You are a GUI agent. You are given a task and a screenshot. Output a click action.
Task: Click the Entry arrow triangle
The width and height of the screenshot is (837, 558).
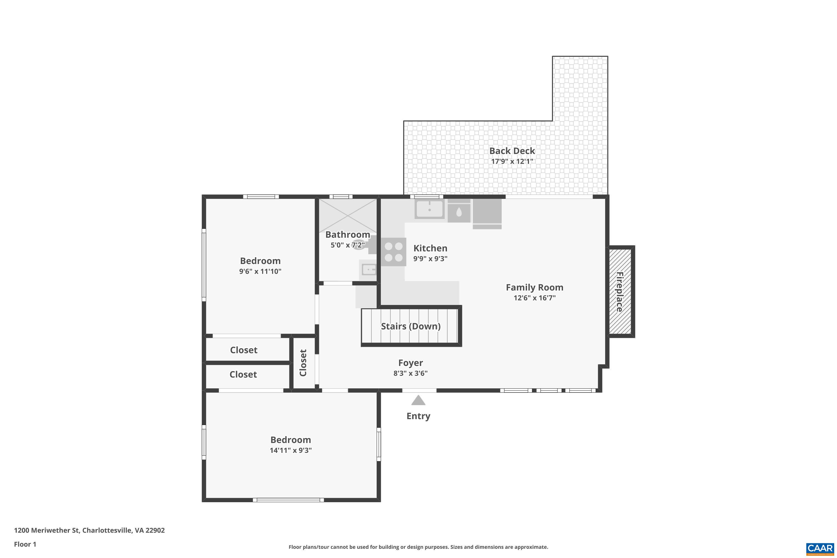point(418,400)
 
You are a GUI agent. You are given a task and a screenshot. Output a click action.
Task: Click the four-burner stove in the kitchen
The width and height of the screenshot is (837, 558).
point(394,252)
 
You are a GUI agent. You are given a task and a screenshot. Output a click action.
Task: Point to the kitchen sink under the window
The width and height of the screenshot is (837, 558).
point(430,209)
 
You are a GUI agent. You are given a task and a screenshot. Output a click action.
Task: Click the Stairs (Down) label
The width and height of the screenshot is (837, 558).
point(411,326)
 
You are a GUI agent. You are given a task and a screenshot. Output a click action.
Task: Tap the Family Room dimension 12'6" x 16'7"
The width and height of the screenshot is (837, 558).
point(534,298)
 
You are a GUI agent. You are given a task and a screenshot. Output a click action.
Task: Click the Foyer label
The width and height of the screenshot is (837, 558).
point(410,363)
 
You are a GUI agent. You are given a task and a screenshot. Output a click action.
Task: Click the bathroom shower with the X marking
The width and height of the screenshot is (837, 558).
point(347,216)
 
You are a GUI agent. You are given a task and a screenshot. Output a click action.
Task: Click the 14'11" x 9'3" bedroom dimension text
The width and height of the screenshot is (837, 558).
point(290,451)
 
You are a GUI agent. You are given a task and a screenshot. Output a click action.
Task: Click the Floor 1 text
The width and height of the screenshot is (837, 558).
point(25,544)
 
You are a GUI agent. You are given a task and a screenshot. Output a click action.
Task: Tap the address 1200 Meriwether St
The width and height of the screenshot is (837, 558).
point(89,530)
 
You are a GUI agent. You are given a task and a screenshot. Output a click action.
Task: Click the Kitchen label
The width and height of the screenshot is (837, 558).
point(430,248)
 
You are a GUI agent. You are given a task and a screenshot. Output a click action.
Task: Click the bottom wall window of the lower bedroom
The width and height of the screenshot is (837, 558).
point(288,500)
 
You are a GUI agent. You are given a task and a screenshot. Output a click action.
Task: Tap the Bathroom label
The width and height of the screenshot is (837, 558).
point(347,235)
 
